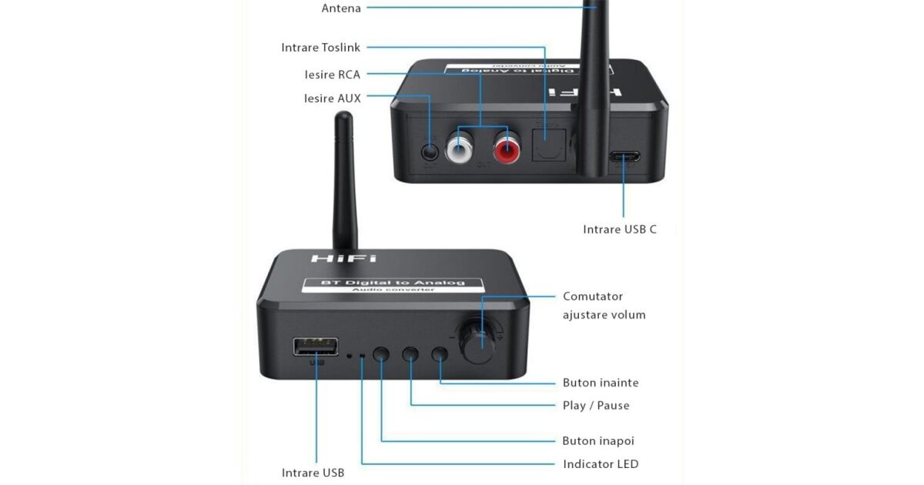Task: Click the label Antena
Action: tap(341, 8)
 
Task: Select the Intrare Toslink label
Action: tap(320, 48)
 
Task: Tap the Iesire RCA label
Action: tap(332, 75)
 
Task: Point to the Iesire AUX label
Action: tap(332, 99)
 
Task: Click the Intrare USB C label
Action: tap(620, 229)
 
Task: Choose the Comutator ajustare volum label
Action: tap(604, 306)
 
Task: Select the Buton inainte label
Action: tap(601, 383)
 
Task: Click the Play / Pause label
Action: tap(596, 406)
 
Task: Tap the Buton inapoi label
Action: tap(598, 441)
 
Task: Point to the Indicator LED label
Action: tap(601, 464)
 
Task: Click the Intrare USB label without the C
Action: tap(313, 473)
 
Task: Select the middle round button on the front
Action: tap(411, 354)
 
